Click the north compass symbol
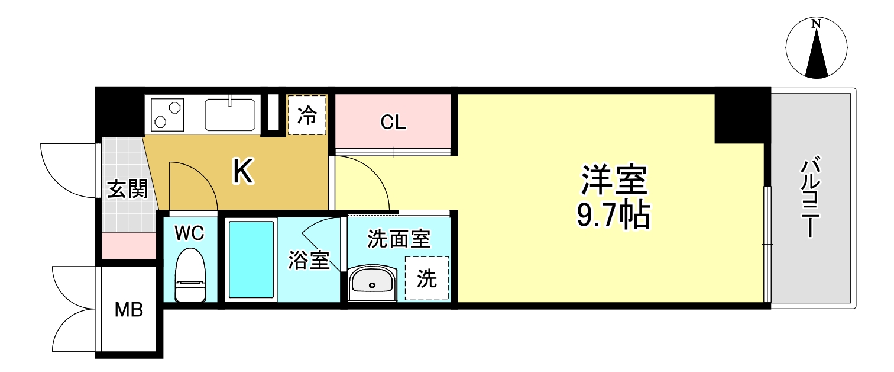817,48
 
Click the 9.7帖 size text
613,217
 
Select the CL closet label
393,123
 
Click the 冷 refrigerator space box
307,115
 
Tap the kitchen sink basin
230,114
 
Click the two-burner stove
167,114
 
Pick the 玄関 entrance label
127,190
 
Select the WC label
189,233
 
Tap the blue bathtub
251,259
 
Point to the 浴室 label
309,261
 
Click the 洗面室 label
399,239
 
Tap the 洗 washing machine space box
426,278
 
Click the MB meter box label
129,309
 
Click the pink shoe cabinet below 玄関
129,245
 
